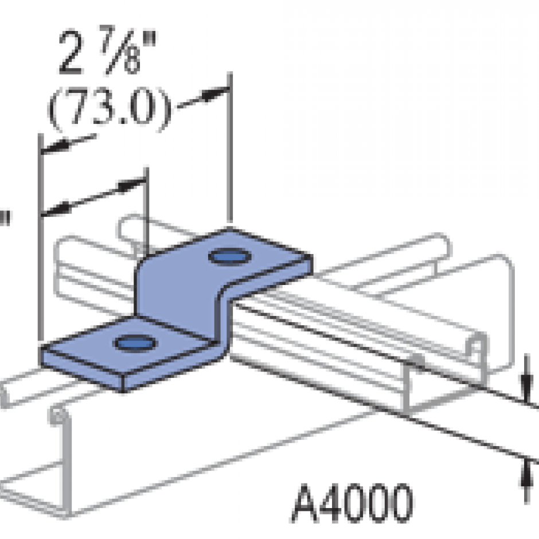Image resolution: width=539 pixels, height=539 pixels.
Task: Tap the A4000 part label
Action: pos(352,502)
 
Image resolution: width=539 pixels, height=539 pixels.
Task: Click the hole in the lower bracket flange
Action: pos(135,343)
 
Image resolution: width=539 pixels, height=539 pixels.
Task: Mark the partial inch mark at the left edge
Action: pos(5,217)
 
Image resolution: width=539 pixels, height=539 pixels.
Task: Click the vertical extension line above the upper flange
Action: pos(231,149)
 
